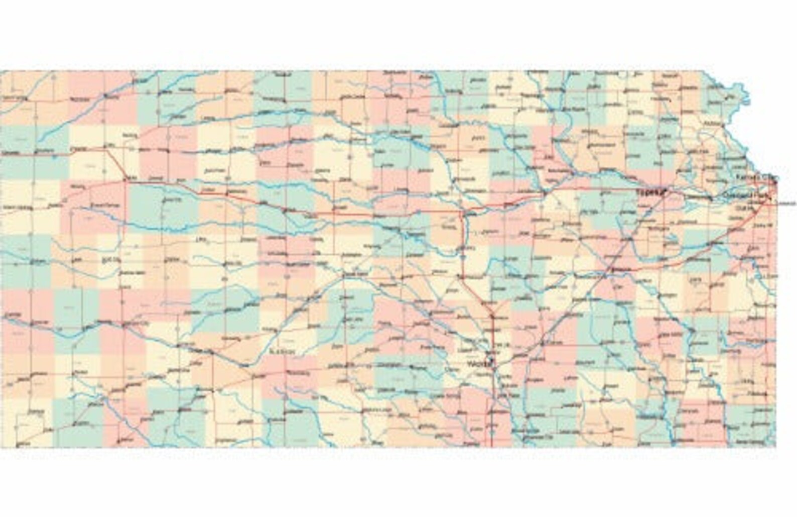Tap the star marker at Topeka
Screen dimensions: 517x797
(663, 191)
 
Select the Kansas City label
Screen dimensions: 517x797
(755, 178)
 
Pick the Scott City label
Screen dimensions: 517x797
(111, 260)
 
